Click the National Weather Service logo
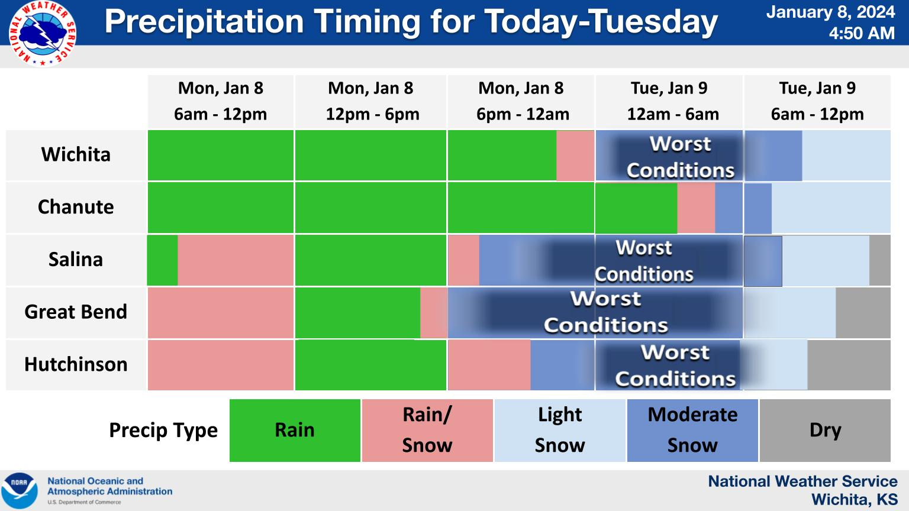(43, 33)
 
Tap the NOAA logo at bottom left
(20, 490)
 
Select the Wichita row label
(76, 155)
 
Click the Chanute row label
(76, 207)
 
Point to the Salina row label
(76, 260)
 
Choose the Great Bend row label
(76, 312)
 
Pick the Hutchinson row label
(76, 364)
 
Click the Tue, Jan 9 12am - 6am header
(669, 101)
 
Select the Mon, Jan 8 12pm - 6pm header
(371, 101)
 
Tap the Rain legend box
(295, 430)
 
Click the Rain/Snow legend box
(427, 430)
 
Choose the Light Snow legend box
(560, 430)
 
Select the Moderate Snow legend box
(692, 430)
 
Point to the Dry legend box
(825, 430)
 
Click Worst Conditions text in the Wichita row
(680, 157)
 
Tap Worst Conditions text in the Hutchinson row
(675, 366)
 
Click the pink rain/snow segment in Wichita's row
(575, 156)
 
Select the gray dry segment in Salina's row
(880, 260)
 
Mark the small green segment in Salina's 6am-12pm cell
(162, 260)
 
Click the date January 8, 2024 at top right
(830, 12)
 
